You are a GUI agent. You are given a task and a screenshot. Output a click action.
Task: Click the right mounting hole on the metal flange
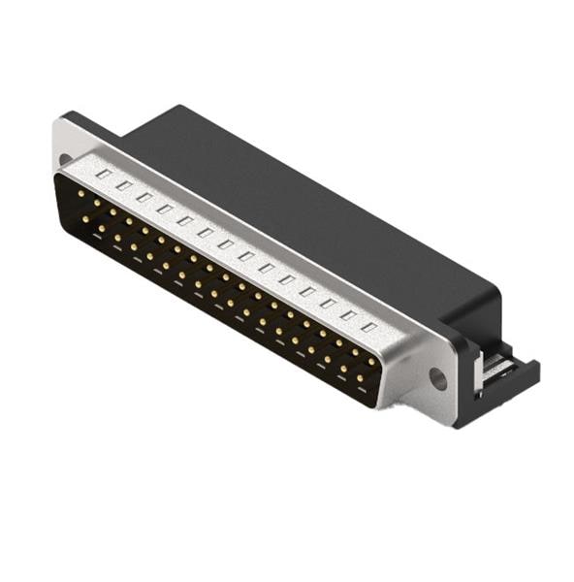(438, 379)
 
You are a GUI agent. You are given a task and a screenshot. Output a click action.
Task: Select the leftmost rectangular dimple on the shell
(104, 173)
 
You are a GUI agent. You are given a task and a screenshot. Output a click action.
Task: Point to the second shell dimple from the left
(124, 184)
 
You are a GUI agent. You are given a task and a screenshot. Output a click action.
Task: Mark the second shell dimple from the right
(348, 313)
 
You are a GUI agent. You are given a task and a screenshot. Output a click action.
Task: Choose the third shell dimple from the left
(144, 196)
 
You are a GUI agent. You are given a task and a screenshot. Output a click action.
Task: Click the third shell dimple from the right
(328, 302)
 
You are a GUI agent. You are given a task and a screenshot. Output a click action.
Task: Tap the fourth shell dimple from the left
(165, 208)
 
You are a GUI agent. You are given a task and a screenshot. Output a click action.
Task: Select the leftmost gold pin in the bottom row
(85, 219)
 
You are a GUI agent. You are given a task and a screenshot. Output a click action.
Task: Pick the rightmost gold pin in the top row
(370, 362)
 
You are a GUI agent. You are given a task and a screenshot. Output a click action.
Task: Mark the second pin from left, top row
(96, 203)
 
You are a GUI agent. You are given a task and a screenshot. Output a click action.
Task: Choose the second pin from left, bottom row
(101, 228)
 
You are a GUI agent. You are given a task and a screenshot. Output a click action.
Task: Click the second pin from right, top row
(354, 352)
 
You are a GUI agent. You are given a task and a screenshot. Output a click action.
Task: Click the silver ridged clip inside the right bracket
(496, 367)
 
